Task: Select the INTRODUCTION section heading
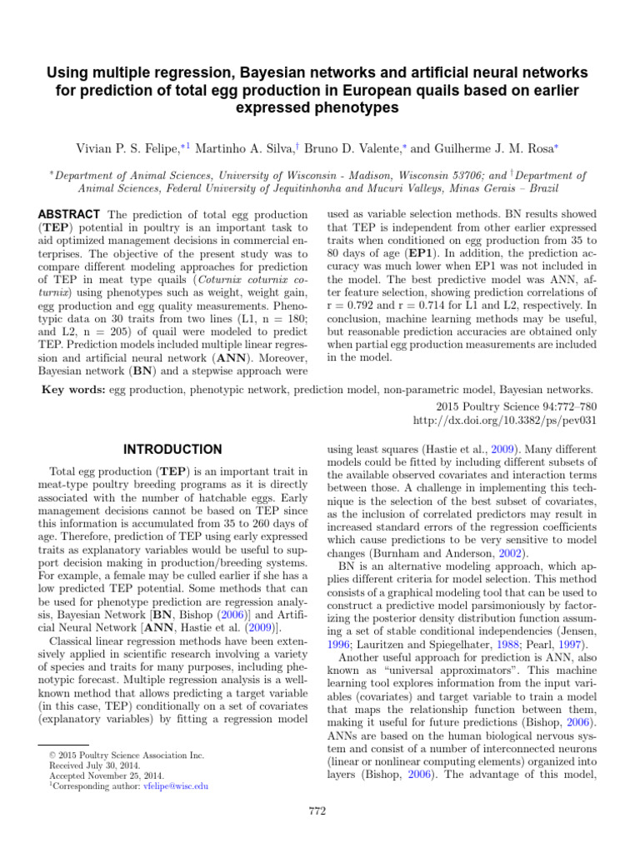[x=173, y=449]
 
